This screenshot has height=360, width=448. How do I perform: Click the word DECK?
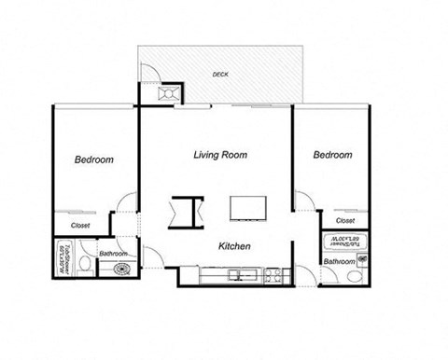(x=220, y=74)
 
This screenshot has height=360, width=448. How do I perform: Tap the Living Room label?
(x=220, y=155)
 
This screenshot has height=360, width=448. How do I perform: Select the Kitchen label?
(x=233, y=246)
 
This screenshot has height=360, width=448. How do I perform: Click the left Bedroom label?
(x=93, y=160)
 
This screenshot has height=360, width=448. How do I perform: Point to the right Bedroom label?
(x=332, y=155)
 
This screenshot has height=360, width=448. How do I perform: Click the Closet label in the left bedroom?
(x=81, y=225)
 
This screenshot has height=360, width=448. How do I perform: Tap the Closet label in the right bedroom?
(x=344, y=221)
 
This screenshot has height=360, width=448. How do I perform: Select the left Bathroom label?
(x=114, y=254)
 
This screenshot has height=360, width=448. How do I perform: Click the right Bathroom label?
(x=340, y=262)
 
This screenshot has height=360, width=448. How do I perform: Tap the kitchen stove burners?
(x=273, y=275)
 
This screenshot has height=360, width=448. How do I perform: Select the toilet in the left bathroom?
(x=85, y=266)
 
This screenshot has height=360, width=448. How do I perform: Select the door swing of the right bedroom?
(x=303, y=201)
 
